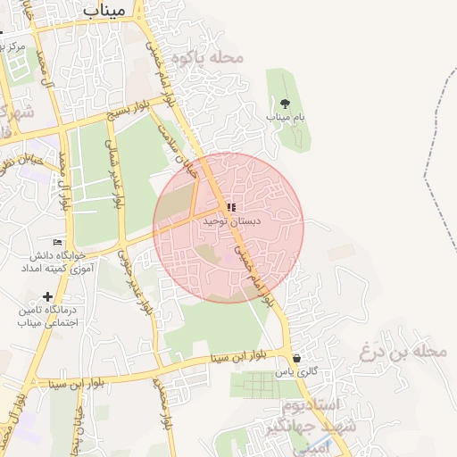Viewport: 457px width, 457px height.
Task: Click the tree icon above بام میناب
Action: click(285, 104)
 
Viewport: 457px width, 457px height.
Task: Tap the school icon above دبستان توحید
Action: click(232, 207)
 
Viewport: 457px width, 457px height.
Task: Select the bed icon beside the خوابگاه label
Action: click(58, 242)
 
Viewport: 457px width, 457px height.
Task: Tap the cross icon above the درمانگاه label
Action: click(47, 296)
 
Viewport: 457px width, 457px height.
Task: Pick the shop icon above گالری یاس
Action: click(296, 358)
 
